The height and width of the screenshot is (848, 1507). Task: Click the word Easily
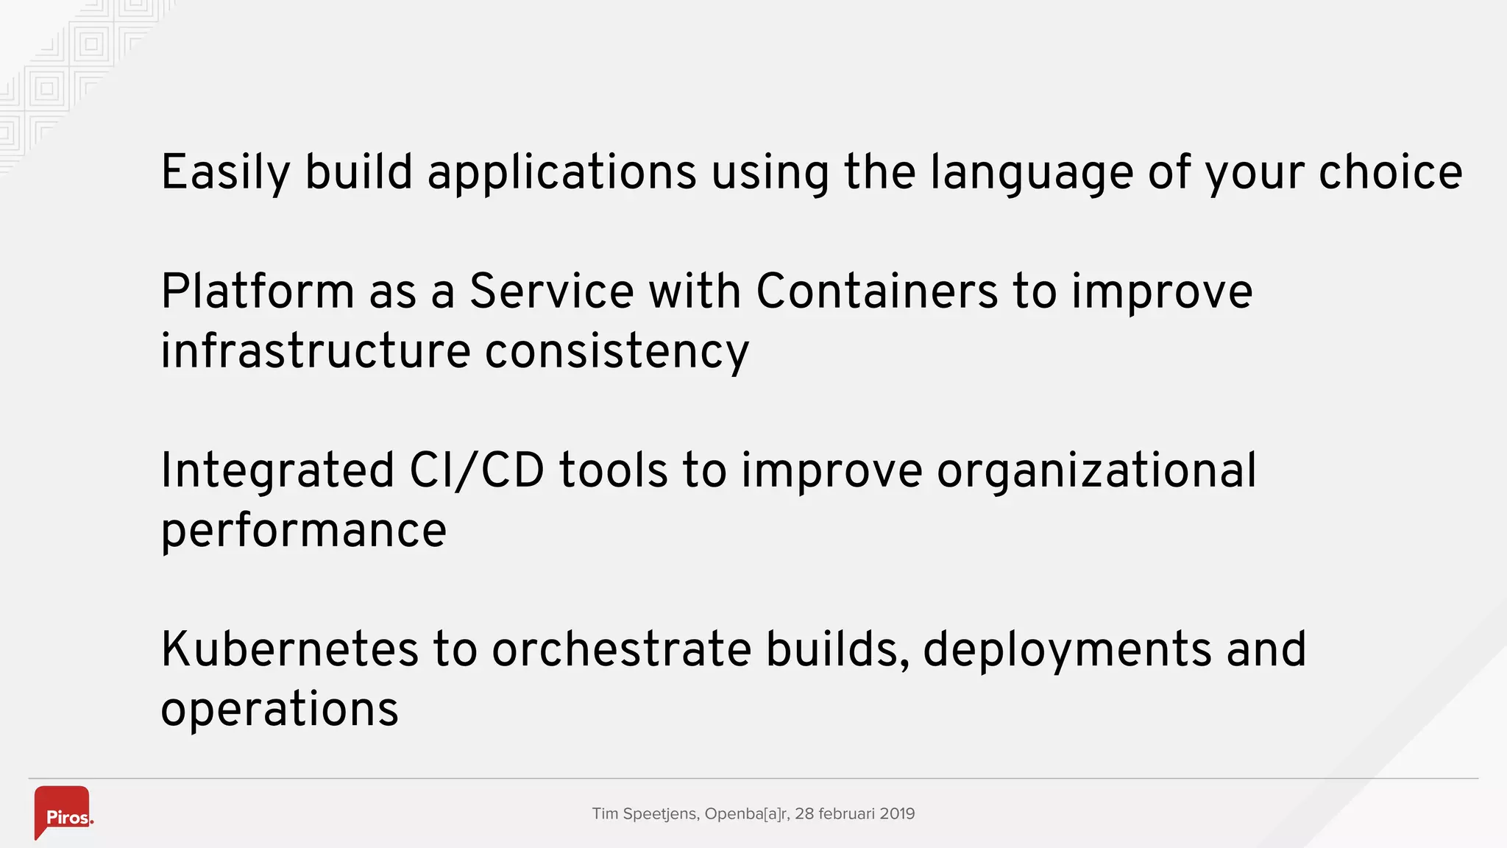click(225, 174)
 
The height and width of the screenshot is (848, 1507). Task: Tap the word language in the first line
click(1031, 174)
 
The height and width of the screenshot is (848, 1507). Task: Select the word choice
click(1390, 172)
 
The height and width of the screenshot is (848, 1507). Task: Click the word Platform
click(258, 291)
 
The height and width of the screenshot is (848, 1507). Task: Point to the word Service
click(551, 291)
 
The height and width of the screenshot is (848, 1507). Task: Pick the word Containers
click(876, 291)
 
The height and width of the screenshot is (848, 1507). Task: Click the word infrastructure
click(315, 351)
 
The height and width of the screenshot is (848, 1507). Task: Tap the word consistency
click(617, 353)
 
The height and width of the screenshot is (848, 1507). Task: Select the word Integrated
click(277, 471)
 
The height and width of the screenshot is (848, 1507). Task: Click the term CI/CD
click(477, 471)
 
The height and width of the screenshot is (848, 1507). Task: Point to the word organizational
click(1096, 471)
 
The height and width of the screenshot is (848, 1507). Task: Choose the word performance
click(303, 531)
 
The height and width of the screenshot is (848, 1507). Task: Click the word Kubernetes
click(289, 650)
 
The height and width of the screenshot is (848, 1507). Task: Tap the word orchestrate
click(621, 650)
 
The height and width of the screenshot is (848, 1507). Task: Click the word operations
click(280, 710)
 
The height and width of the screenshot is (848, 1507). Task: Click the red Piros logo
click(63, 812)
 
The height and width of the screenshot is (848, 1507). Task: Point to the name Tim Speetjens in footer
click(645, 814)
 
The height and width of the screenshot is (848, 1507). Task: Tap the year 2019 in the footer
click(897, 814)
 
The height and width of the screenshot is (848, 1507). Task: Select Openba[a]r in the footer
click(747, 814)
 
